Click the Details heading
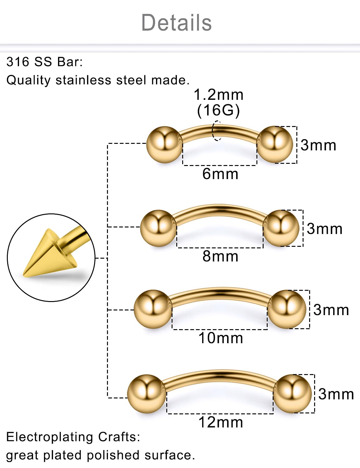point(177,22)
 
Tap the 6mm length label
point(220,174)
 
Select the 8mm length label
point(220,256)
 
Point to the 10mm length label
point(221,338)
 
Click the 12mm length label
point(221,422)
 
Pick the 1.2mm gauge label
point(218,95)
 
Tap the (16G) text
point(218,110)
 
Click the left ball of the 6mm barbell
point(164,144)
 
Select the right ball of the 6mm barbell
point(275,144)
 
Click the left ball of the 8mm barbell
point(158,228)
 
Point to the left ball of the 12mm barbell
point(146,394)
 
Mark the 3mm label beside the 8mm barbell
point(324,229)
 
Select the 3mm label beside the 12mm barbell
point(336,394)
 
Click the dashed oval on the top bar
point(217,130)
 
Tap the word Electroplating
point(49,437)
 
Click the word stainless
point(83,80)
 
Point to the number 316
point(18,62)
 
